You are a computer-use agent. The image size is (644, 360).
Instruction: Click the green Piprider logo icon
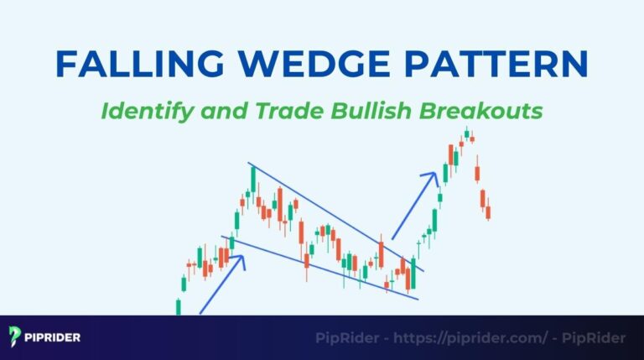coord(15,337)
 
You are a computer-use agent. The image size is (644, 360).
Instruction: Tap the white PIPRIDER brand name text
coord(54,338)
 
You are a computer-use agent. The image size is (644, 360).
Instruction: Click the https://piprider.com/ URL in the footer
coord(465,338)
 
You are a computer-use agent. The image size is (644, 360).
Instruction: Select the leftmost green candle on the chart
coord(179,306)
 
